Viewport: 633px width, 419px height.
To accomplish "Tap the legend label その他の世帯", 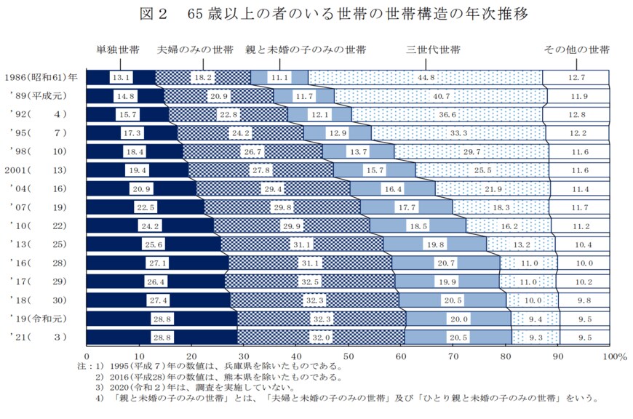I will coord(577,50).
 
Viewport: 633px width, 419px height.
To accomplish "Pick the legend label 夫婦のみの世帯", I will coord(196,50).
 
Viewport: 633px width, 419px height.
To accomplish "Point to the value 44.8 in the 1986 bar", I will coord(426,77).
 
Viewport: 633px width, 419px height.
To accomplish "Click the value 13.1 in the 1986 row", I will coord(121,77).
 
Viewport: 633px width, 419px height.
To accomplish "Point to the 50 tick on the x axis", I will coord(348,356).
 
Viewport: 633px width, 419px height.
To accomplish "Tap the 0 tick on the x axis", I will coord(87,356).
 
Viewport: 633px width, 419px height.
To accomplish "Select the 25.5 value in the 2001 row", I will coord(483,169).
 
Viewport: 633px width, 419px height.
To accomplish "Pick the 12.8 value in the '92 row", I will coord(577,114).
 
